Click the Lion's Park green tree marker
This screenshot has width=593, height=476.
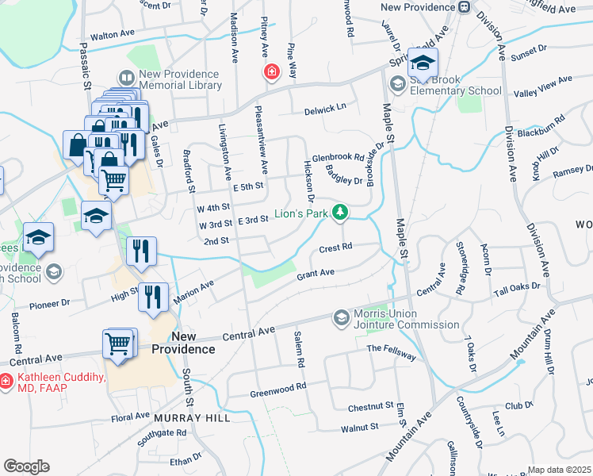coord(339,212)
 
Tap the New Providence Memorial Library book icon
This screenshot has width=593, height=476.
coord(127,78)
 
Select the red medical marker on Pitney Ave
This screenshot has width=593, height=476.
coord(272,72)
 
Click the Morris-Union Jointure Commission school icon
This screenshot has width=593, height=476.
coord(342,317)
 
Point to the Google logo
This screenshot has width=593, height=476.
coord(26,466)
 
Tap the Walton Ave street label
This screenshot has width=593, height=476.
coord(113,35)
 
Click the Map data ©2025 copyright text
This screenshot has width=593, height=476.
coord(559,470)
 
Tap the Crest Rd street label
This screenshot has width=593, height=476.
coord(335,248)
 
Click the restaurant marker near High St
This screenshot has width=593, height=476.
coord(153,297)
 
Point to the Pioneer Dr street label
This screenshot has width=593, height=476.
coord(48,303)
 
